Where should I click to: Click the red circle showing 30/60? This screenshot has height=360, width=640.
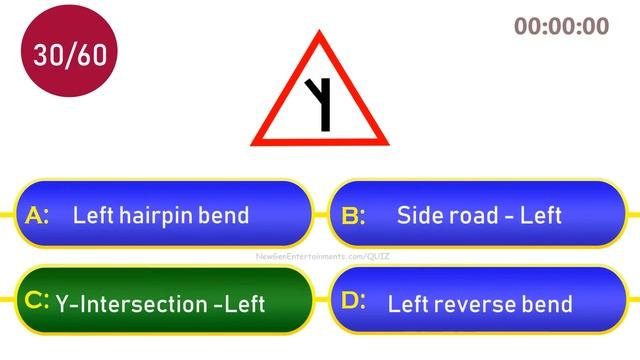pos(69,55)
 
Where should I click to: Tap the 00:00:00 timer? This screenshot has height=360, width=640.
pos(561,27)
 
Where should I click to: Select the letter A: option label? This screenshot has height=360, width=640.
pos(37,215)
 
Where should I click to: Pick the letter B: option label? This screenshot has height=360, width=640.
pos(354,215)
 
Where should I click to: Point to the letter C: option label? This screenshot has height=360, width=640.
pos(37,300)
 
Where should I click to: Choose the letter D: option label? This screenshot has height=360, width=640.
pos(354,300)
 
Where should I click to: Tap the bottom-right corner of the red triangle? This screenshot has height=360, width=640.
pos(385,142)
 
